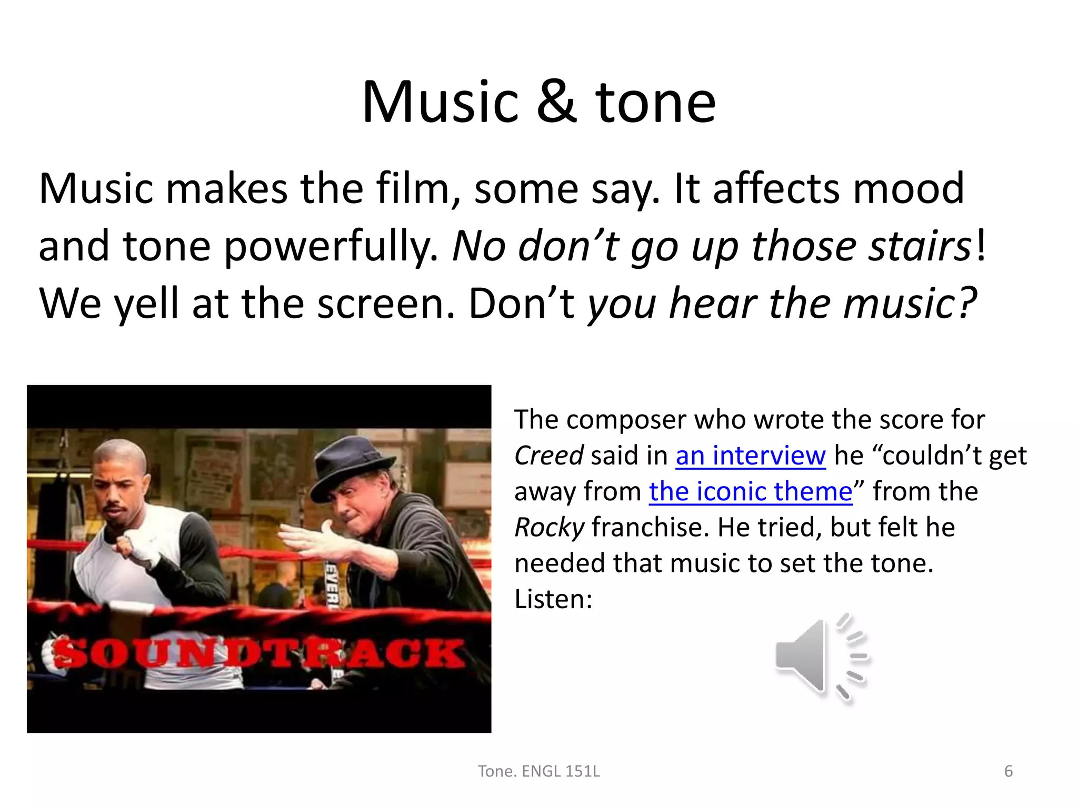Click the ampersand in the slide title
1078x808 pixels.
[557, 102]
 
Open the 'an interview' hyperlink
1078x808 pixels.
[751, 456]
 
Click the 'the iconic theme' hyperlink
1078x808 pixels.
[751, 491]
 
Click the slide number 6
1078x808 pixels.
[1009, 771]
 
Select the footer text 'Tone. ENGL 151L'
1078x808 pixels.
[538, 771]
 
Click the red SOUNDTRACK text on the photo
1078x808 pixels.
[258, 654]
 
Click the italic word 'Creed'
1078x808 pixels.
[548, 456]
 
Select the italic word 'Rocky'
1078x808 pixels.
[549, 527]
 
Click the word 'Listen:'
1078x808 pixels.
[553, 599]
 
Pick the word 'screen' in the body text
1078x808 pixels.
[385, 304]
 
